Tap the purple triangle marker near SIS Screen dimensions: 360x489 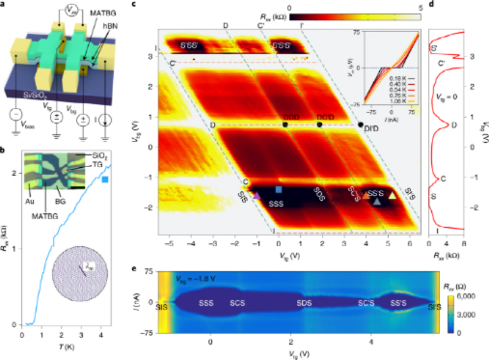(x=256, y=195)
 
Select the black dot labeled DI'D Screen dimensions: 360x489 (x=360, y=124)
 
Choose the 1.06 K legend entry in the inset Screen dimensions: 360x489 (x=393, y=100)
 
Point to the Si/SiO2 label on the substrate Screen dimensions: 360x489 (x=26, y=95)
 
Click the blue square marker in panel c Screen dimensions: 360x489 (x=278, y=190)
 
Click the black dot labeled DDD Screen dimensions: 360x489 (x=285, y=124)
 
